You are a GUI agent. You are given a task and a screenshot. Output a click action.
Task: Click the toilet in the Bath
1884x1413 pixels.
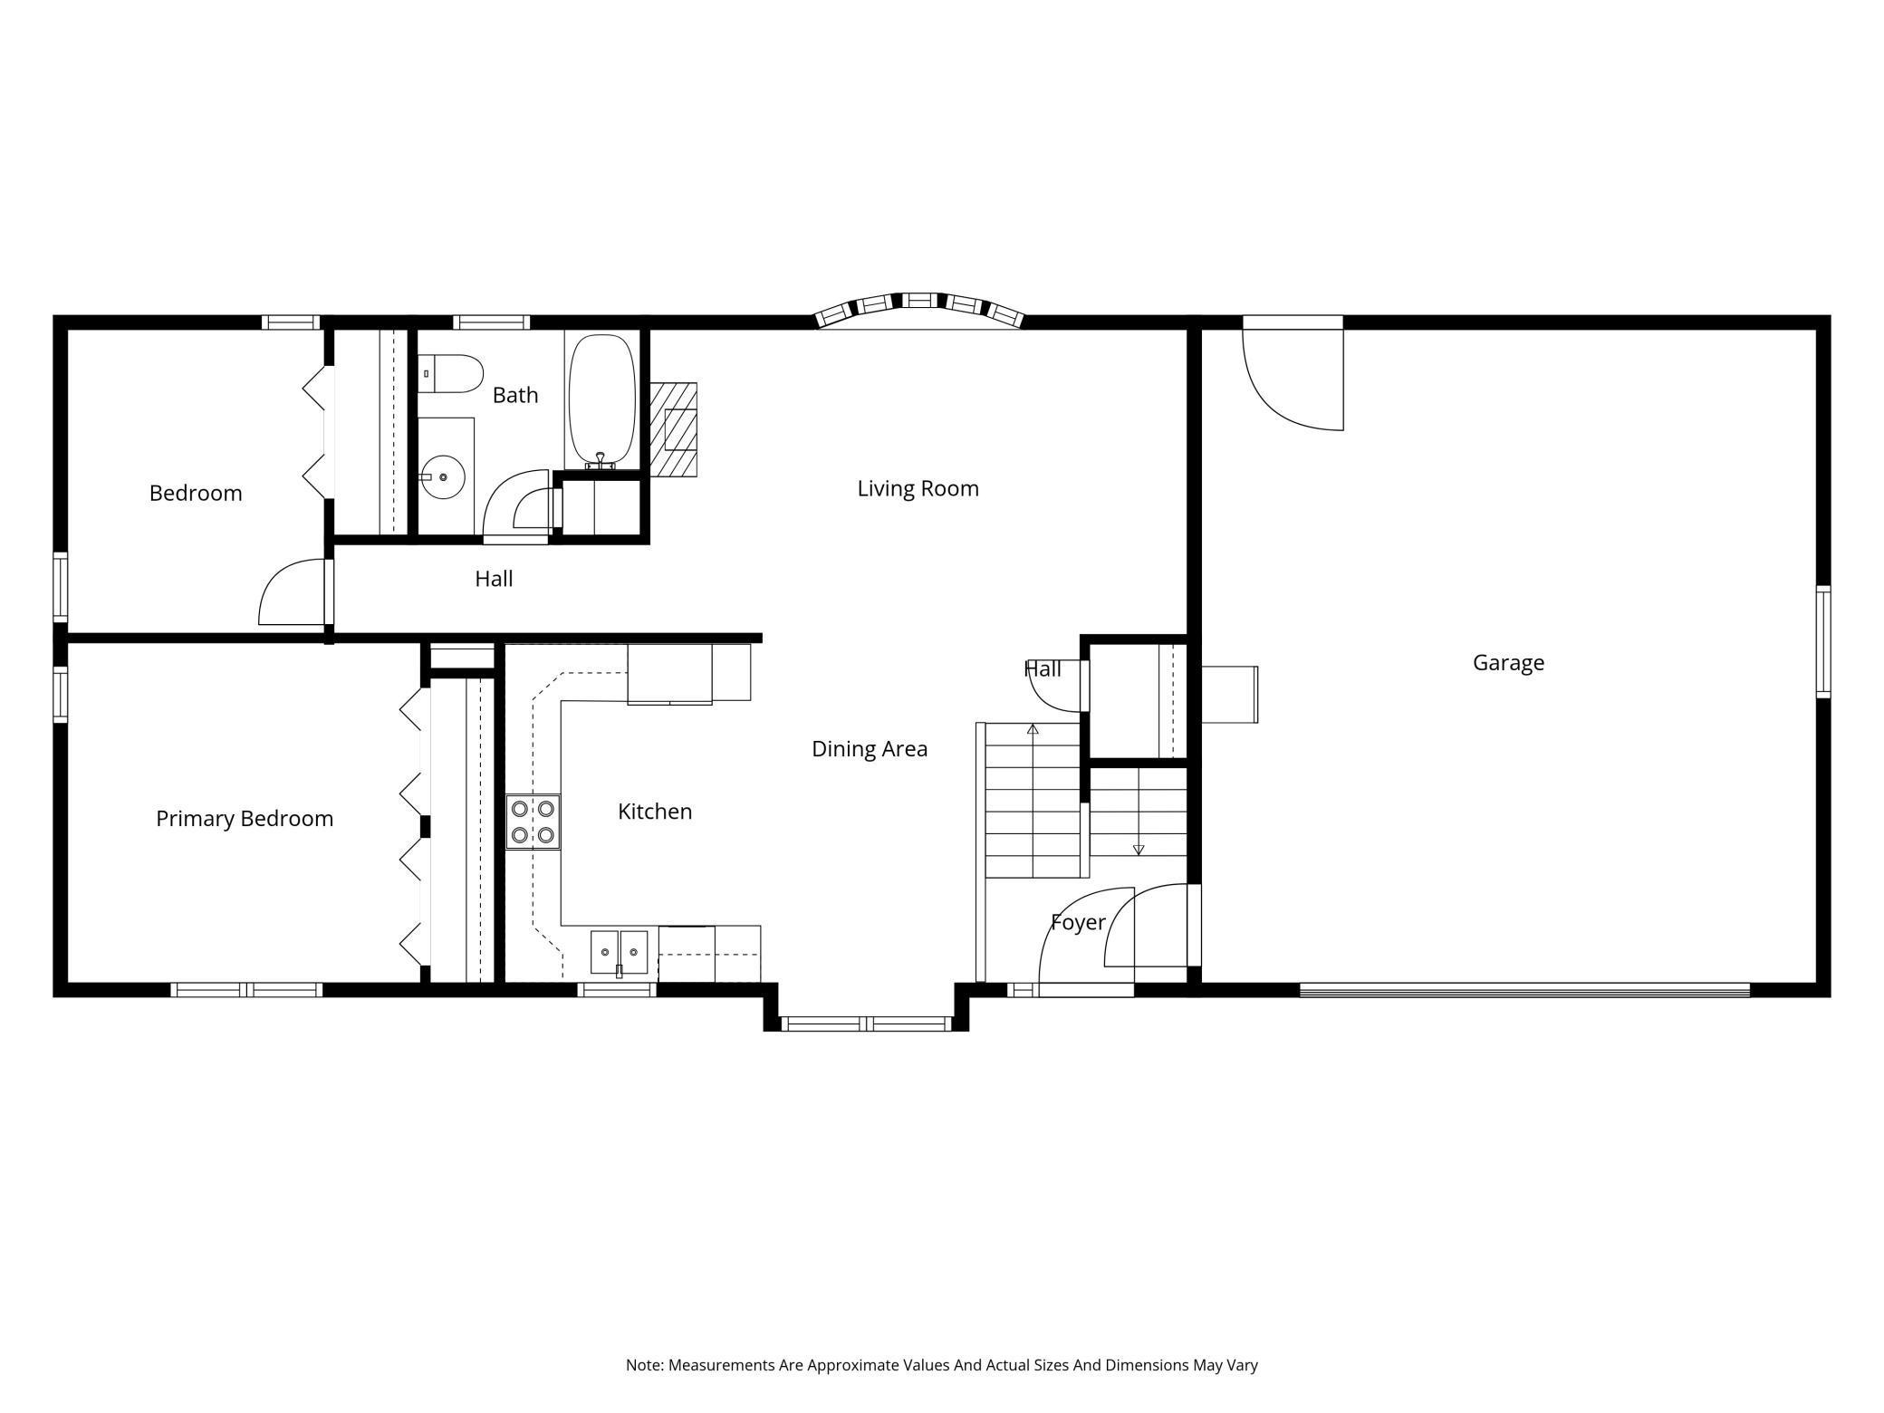451,373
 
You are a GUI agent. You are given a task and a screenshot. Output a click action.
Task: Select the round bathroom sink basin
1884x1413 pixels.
443,476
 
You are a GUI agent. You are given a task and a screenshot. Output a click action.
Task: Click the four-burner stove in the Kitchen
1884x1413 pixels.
533,821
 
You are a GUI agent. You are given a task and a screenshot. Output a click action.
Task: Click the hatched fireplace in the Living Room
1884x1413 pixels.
674,429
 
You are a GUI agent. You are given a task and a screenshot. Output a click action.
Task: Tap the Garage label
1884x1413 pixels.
1508,663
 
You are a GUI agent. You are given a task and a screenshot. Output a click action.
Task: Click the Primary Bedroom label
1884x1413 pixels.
245,819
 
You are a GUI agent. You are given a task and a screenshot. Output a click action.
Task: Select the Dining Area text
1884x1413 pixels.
870,749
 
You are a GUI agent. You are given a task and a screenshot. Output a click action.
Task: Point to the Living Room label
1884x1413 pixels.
918,489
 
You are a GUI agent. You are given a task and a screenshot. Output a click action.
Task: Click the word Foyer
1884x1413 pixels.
1078,923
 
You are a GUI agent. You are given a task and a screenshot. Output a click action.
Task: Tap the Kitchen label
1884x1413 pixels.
655,812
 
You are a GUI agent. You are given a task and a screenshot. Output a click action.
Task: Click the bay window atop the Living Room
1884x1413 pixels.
919,309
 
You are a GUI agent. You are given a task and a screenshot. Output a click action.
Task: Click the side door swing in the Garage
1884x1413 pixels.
1293,373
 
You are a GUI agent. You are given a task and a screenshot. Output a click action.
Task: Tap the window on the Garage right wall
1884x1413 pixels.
1823,641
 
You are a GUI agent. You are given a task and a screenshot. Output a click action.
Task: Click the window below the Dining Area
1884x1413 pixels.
866,1024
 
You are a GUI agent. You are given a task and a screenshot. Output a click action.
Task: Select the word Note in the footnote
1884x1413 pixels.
644,1365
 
